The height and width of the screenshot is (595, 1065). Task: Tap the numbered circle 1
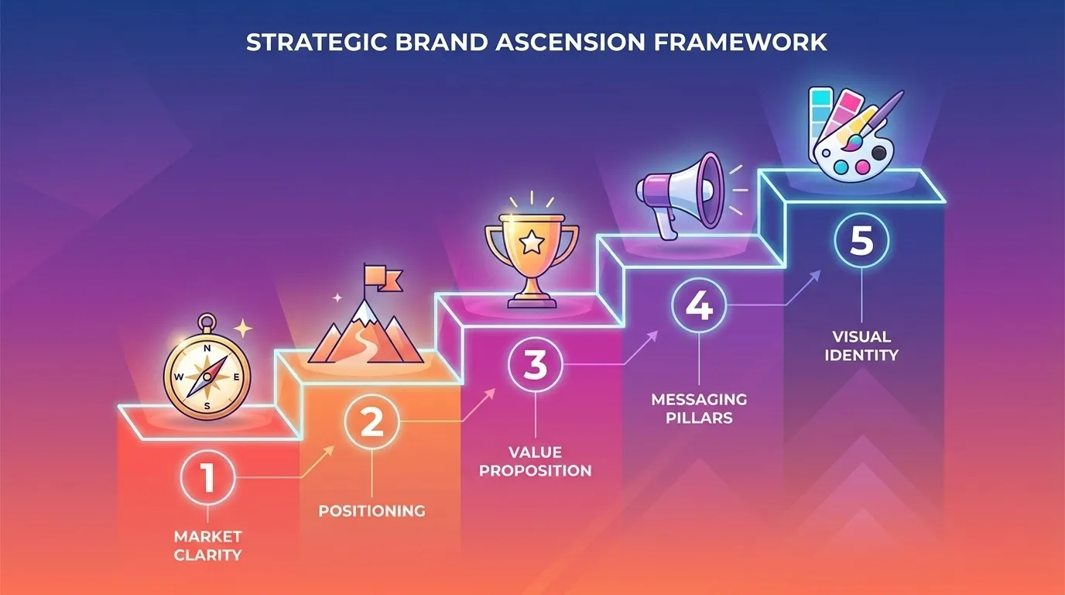[x=207, y=479]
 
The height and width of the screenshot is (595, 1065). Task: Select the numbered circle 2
[x=372, y=423]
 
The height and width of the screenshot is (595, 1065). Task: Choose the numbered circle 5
[x=861, y=241]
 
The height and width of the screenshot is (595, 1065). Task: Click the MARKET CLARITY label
[x=207, y=545]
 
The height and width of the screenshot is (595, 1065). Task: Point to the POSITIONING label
[x=372, y=511]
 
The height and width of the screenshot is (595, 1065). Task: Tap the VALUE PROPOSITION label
[x=535, y=461]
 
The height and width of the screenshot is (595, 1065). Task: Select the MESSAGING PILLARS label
[x=699, y=408]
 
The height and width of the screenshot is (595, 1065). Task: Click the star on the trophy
[x=530, y=242]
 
